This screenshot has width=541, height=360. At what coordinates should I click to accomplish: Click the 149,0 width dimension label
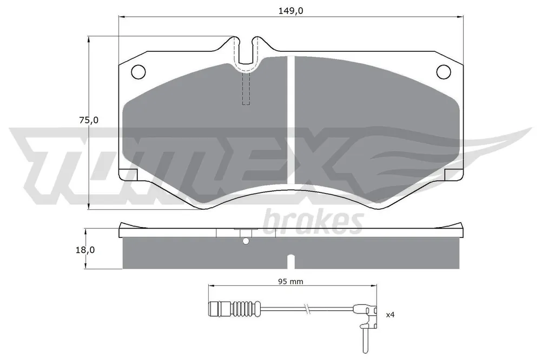(291, 11)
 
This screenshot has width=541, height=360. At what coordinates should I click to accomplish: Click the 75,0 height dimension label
(89, 121)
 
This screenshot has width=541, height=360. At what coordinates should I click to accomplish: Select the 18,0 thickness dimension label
(85, 250)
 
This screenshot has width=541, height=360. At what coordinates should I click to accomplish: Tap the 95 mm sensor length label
(291, 282)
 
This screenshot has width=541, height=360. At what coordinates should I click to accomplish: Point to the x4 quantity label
(390, 315)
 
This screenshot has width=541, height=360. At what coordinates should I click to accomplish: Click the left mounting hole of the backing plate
(138, 72)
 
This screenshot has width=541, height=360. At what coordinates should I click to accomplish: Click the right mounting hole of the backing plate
(444, 72)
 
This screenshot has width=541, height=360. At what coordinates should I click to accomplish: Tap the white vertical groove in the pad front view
(291, 119)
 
